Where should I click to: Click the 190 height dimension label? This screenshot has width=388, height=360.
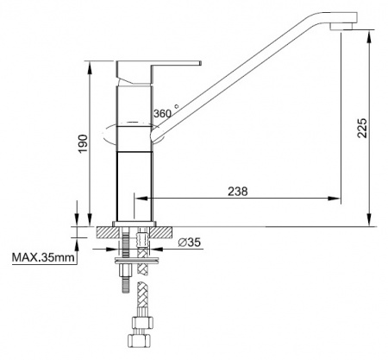(84, 143)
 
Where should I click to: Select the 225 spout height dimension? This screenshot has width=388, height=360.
(362, 128)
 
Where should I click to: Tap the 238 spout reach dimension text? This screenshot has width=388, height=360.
(238, 192)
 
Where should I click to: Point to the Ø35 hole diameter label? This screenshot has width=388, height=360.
(189, 243)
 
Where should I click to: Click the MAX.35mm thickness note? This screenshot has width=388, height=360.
(43, 257)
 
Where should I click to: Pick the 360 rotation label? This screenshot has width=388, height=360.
(162, 114)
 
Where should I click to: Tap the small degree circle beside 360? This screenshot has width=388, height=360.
(177, 106)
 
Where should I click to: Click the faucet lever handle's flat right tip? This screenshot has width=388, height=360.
(200, 63)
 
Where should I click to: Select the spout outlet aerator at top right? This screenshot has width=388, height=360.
(341, 26)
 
